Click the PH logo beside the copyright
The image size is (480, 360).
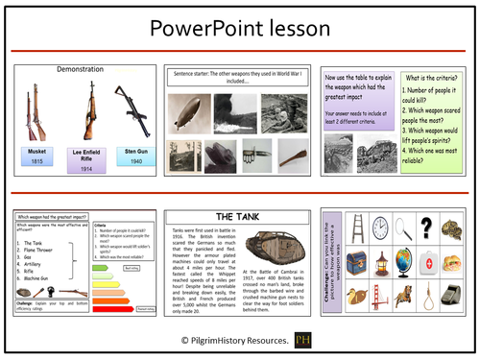[302, 340]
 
